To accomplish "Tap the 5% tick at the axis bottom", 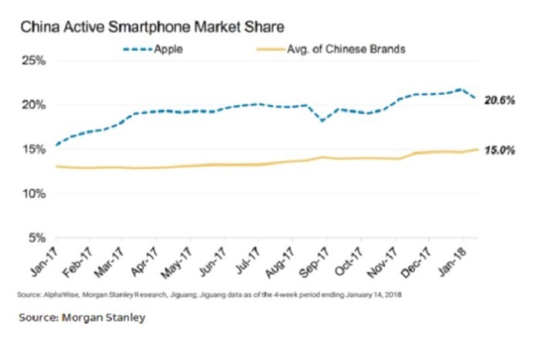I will [x=37, y=238].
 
